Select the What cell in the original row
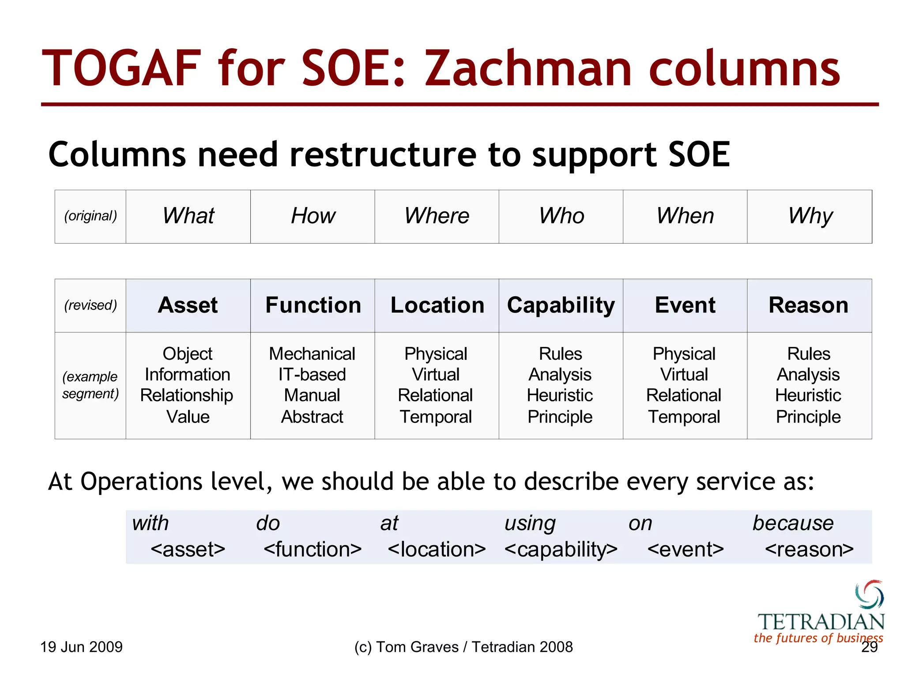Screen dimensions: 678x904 coord(188,216)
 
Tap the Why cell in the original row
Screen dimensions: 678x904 coord(810,216)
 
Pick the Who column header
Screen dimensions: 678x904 coord(561,216)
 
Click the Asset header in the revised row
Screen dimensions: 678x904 coord(188,305)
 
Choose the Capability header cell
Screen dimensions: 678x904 coord(561,305)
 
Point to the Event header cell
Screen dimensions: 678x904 coord(685,305)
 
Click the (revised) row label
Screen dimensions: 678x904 coord(90,305)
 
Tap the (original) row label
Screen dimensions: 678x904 coord(90,216)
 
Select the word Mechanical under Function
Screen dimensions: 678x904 coord(312,354)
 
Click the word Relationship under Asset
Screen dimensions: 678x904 coord(187,395)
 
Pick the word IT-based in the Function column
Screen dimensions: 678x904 coord(312,375)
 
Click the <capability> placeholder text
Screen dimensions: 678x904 coord(561,550)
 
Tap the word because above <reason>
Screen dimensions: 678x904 coord(793,524)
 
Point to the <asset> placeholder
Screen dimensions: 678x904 coord(188,550)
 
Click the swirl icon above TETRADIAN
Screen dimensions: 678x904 coord(869,594)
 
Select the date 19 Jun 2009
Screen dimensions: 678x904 coord(82,647)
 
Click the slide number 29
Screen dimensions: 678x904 coord(869,647)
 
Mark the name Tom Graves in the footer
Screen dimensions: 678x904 coord(417,647)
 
